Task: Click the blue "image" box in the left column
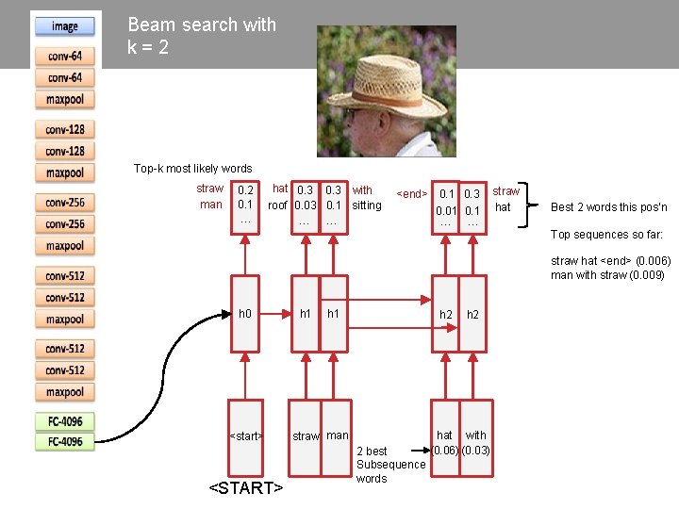coord(65,26)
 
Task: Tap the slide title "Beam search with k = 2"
coord(201,36)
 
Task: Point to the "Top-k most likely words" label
coord(192,169)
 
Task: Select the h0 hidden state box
coord(245,313)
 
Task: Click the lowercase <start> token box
coord(246,435)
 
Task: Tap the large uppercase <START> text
coord(246,487)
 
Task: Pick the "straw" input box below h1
coord(306,435)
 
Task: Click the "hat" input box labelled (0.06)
coord(445,442)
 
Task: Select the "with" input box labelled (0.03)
coord(475,442)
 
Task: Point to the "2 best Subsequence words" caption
coord(390,465)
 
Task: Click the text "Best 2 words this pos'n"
coord(608,207)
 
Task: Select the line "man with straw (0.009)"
coord(607,275)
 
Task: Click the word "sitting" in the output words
coord(366,205)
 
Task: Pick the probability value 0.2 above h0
coord(245,190)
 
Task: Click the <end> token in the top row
coord(412,194)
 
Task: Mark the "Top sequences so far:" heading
coord(606,235)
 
